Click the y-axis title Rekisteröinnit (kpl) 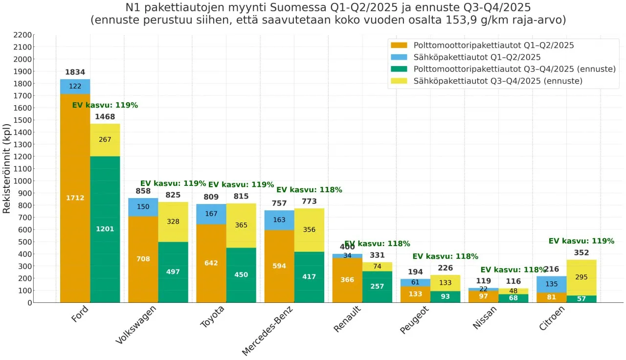(x=7, y=168)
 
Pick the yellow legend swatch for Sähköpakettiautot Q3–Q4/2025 (x=399, y=81)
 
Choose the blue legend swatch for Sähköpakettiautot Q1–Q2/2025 (x=399, y=57)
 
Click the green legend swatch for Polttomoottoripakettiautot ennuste (x=399, y=69)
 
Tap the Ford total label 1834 (x=75, y=72)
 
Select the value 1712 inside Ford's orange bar (x=75, y=198)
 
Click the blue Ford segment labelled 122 (x=75, y=87)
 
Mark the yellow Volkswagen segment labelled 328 (x=173, y=222)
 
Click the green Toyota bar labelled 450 (x=241, y=275)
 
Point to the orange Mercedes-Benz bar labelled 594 (x=279, y=266)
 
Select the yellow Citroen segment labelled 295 (x=581, y=277)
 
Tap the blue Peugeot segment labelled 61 (x=415, y=282)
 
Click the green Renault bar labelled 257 (x=377, y=287)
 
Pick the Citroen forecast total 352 (x=581, y=253)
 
